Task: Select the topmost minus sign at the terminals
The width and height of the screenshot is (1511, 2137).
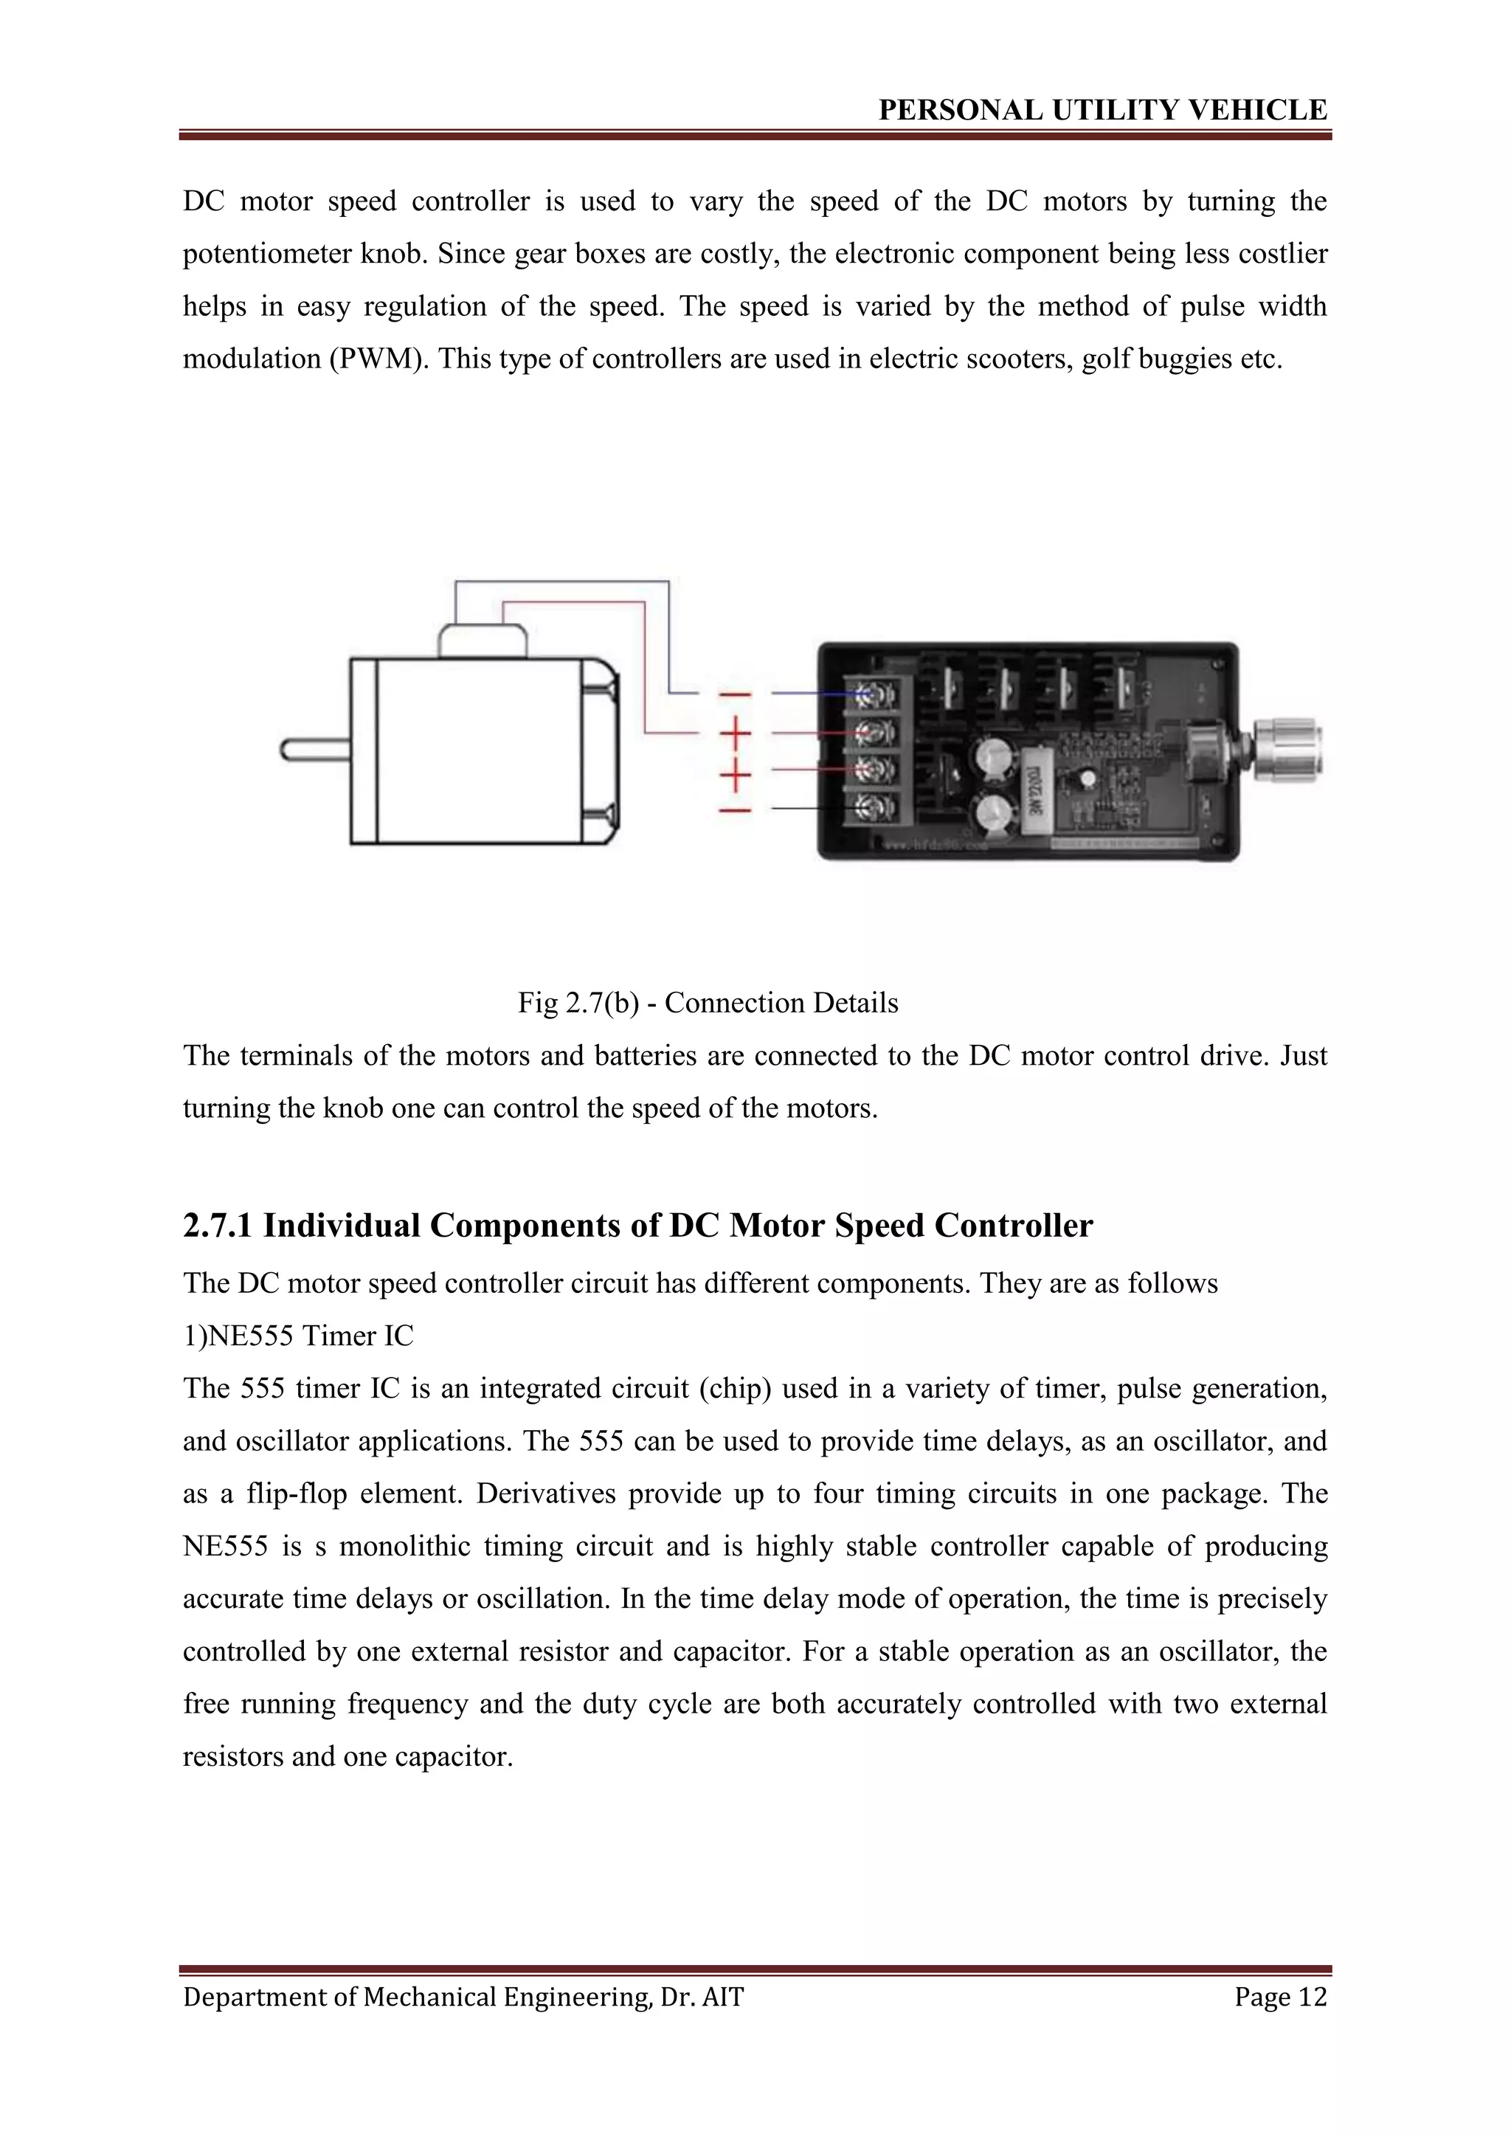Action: point(735,694)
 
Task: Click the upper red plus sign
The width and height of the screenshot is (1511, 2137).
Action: point(735,734)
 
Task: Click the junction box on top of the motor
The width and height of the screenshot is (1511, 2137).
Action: point(482,641)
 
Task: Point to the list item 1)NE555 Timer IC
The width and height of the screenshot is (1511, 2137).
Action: point(298,1336)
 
